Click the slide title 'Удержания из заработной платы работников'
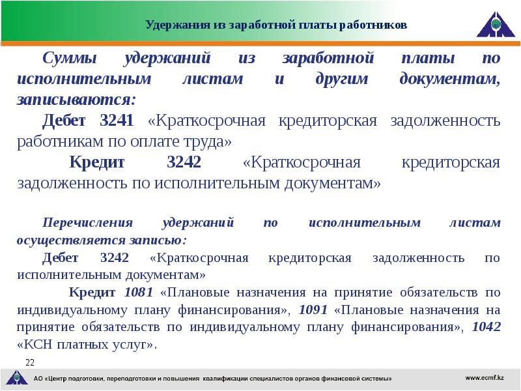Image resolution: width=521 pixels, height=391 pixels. click(x=276, y=25)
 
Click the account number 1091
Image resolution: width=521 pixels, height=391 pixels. click(x=313, y=309)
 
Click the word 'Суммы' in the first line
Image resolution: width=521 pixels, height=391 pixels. click(x=70, y=59)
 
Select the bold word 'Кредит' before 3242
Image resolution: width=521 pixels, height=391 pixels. click(x=100, y=162)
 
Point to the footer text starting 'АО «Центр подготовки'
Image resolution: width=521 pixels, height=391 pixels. click(x=212, y=379)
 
